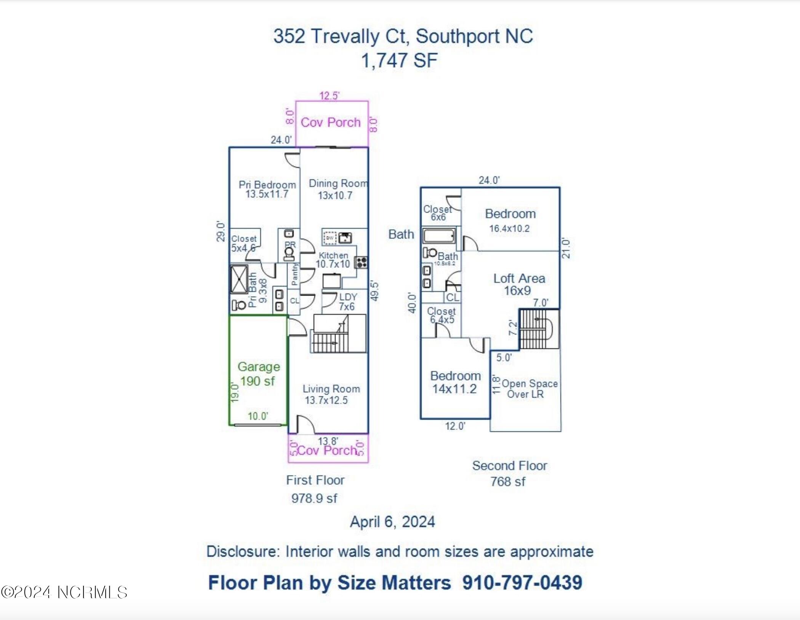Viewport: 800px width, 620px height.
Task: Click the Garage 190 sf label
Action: click(x=259, y=374)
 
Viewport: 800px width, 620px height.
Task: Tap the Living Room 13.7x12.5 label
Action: click(x=331, y=394)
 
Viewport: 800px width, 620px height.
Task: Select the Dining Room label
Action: click(x=338, y=183)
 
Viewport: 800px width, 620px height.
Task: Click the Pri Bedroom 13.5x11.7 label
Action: click(x=267, y=189)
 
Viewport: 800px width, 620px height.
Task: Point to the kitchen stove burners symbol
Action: click(x=361, y=262)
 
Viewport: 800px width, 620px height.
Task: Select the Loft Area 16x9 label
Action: click(x=519, y=284)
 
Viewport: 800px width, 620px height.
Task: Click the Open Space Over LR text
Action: click(x=529, y=389)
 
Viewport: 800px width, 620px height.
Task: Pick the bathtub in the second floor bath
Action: click(x=439, y=236)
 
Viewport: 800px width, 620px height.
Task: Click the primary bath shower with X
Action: click(x=239, y=279)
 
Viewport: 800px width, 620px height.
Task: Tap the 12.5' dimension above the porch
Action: click(x=329, y=96)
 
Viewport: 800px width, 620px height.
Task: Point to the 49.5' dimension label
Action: click(x=374, y=291)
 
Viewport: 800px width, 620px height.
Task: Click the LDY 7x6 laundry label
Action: click(x=347, y=302)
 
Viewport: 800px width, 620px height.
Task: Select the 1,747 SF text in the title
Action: click(x=399, y=61)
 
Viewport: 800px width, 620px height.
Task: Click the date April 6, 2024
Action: click(x=392, y=521)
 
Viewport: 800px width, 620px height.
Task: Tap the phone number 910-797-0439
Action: click(x=522, y=582)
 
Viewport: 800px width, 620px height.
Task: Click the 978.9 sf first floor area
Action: click(x=314, y=498)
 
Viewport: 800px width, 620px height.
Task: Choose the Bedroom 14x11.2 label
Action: click(x=455, y=382)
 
